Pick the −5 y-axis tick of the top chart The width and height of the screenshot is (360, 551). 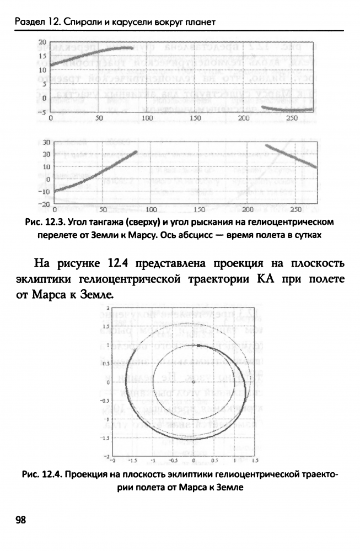coord(41,112)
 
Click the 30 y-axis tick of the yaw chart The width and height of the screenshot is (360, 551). coord(46,142)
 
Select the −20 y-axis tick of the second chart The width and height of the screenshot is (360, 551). coord(45,204)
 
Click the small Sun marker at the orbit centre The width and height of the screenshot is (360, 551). coord(193,382)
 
